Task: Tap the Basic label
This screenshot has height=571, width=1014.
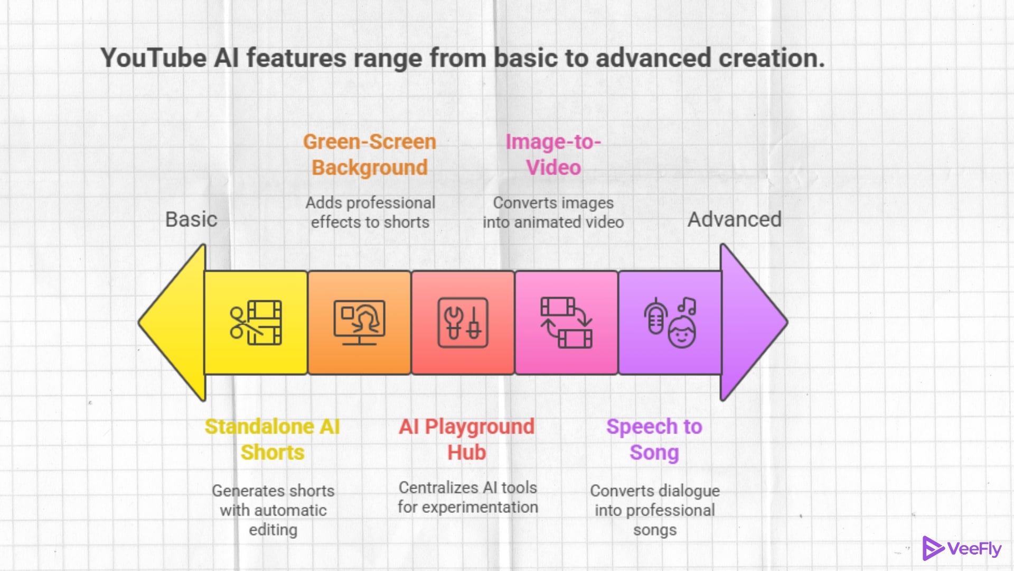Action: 191,219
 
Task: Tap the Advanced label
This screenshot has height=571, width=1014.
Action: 734,219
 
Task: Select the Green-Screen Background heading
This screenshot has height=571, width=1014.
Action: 370,154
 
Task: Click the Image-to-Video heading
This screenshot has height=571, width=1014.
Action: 553,154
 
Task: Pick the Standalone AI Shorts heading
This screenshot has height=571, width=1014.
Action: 273,439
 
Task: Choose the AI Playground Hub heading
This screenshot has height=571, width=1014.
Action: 467,439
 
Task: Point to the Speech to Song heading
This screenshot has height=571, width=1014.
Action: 654,439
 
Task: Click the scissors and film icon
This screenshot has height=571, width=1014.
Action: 256,323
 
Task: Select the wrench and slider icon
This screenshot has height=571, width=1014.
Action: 463,323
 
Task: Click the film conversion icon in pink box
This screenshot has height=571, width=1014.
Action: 566,323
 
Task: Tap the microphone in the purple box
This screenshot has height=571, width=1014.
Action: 655,316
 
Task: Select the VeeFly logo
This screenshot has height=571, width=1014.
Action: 961,549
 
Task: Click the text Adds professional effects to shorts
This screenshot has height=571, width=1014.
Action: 370,213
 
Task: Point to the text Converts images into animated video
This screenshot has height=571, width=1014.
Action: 553,213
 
